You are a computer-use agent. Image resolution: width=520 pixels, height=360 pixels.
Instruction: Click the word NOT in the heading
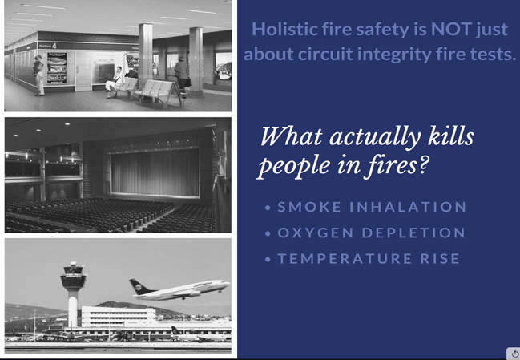tap(451, 29)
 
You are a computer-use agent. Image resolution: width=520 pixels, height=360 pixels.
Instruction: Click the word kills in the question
tap(450, 136)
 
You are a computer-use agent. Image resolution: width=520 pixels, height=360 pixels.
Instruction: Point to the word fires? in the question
tap(398, 164)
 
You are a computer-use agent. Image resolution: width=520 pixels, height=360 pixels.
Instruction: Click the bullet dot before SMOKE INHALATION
tap(268, 208)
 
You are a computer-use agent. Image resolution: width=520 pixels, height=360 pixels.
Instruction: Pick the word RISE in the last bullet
tap(440, 258)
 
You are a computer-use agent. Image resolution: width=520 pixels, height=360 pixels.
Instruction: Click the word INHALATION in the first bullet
tap(409, 207)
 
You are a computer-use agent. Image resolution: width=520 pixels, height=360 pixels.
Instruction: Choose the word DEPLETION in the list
tap(413, 233)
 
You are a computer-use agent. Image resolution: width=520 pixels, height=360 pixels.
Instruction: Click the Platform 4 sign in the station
tap(48, 46)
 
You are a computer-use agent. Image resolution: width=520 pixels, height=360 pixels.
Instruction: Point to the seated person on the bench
tap(115, 83)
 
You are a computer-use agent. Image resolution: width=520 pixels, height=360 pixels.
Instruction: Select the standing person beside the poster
tap(38, 75)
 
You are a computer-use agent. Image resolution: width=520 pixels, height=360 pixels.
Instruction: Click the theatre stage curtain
tap(155, 172)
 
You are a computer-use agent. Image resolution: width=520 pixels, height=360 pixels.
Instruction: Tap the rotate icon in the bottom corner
tap(514, 354)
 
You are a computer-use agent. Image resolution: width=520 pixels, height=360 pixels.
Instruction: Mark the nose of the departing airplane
tap(228, 284)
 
